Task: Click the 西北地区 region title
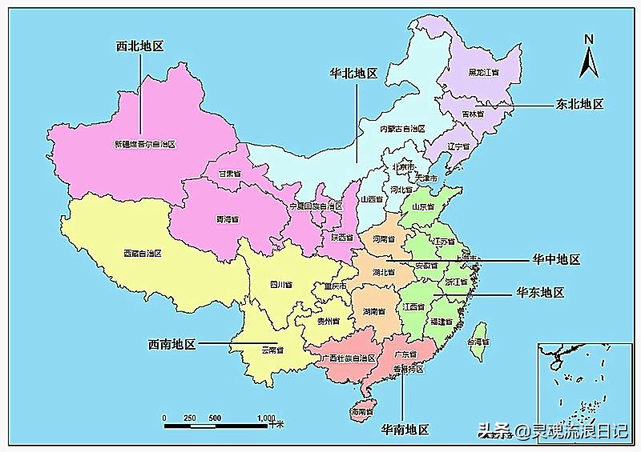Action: [x=139, y=46]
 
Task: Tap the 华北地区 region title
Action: [x=353, y=73]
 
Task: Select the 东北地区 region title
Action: [x=579, y=105]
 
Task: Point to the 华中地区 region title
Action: [x=556, y=260]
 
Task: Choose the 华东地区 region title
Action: [x=540, y=293]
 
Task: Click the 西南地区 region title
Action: [x=171, y=345]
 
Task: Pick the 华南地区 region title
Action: [x=405, y=430]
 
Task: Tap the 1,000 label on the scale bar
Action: [x=266, y=418]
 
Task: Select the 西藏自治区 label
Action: [x=143, y=254]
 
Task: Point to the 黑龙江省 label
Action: [x=484, y=73]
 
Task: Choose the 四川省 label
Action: [x=280, y=284]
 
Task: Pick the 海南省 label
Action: [x=362, y=411]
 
